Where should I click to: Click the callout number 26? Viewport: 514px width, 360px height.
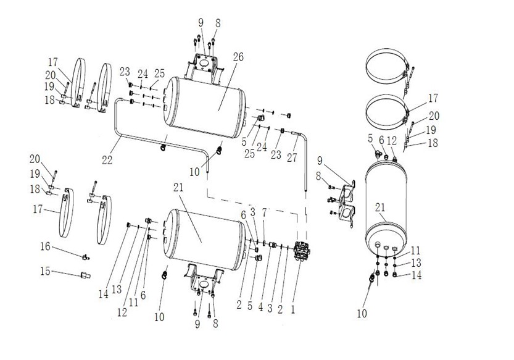coord(238,57)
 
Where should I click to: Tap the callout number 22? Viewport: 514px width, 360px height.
coord(107,160)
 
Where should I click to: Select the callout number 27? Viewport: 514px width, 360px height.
coord(292,157)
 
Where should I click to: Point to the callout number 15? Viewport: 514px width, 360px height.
coord(45,271)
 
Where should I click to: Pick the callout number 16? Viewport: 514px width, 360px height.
coord(45,246)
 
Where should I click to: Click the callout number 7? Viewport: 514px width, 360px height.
coord(264,212)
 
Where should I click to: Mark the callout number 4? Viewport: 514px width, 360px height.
coord(260,308)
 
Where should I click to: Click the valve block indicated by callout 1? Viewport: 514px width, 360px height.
coord(302,251)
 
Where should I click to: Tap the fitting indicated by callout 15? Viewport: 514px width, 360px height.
coord(85,275)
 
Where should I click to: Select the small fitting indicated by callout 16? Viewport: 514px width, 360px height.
coord(86,257)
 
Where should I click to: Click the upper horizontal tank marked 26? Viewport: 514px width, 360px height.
coord(205,107)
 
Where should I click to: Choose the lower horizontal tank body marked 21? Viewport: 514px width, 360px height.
coord(204,240)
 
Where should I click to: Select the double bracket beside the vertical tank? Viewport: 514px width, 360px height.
coord(347,203)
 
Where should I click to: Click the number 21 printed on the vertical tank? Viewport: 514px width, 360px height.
coord(380,207)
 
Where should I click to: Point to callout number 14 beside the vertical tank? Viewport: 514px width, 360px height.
coord(417,275)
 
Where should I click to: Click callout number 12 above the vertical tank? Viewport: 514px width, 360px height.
coord(392,141)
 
